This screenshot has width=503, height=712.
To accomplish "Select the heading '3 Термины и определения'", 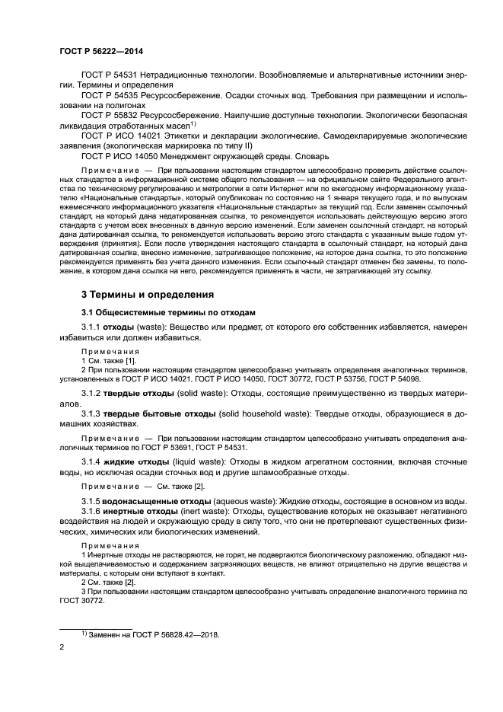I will [x=148, y=294].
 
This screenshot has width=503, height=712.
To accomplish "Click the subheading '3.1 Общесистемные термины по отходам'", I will [x=169, y=312].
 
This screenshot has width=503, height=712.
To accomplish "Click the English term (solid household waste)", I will [x=264, y=412].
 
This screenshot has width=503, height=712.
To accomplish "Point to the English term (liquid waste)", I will [x=202, y=461].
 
